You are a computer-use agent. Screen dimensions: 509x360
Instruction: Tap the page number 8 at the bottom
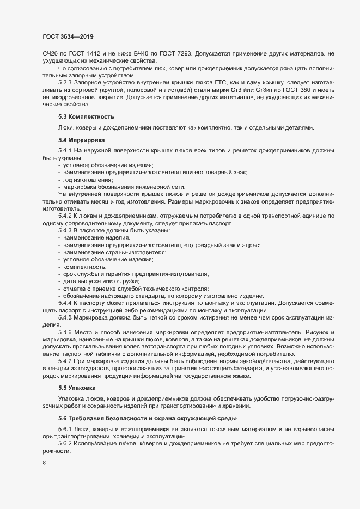tap(44, 464)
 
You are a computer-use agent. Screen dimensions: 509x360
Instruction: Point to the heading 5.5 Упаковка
tap(76, 388)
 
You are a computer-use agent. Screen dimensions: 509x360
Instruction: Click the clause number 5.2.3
tap(66, 89)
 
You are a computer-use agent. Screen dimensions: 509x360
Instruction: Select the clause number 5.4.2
tap(66, 216)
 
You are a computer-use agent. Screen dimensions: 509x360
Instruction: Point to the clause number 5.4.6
tap(66, 332)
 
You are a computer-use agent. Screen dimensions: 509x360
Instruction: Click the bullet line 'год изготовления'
tap(88, 180)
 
